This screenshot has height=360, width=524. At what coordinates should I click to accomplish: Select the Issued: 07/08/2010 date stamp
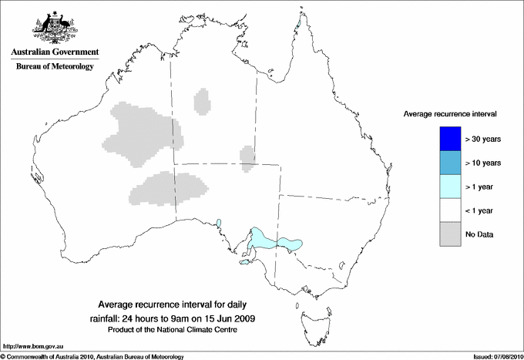coord(495,356)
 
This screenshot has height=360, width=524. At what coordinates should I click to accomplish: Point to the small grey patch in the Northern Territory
coord(203,101)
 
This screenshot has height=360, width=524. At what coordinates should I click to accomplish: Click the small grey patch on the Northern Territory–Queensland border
coord(247,156)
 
